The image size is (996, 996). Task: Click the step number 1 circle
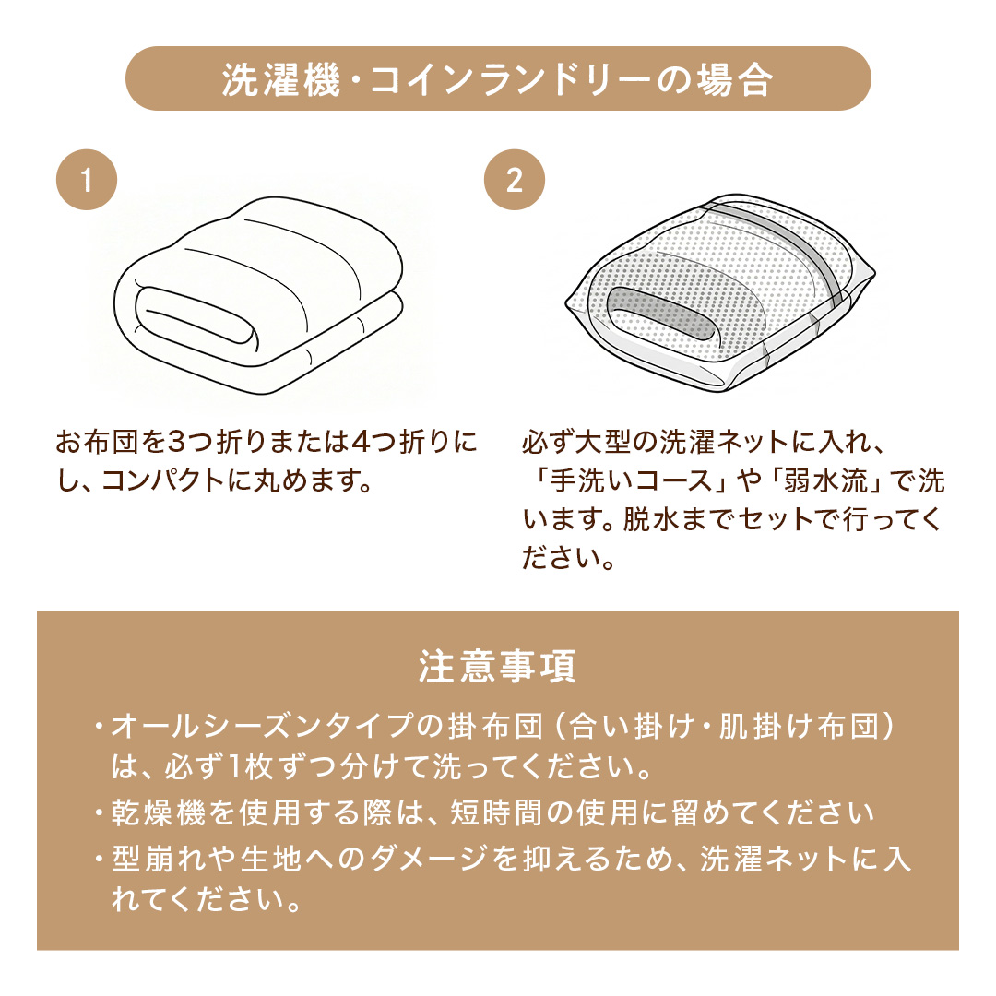click(87, 180)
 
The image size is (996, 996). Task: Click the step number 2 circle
click(515, 180)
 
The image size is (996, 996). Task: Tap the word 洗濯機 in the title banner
click(281, 80)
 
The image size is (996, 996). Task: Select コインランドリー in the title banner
click(510, 80)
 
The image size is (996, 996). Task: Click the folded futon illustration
click(258, 295)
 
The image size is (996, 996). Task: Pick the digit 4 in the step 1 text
click(362, 442)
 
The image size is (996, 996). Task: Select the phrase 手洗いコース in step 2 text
click(631, 480)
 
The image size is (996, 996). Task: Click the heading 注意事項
click(497, 667)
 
